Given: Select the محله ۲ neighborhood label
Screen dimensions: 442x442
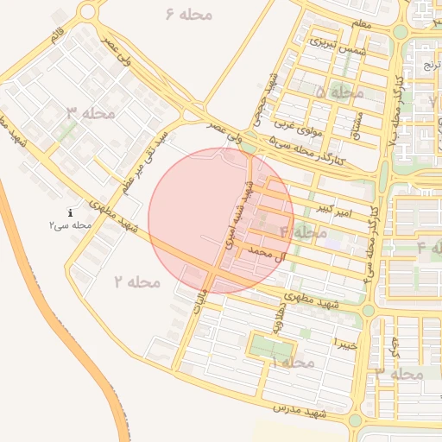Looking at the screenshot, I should click(x=136, y=281).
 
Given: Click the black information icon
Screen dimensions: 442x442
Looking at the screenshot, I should click(x=70, y=212).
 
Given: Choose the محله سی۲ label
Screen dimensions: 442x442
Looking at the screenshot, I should click(x=70, y=224).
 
